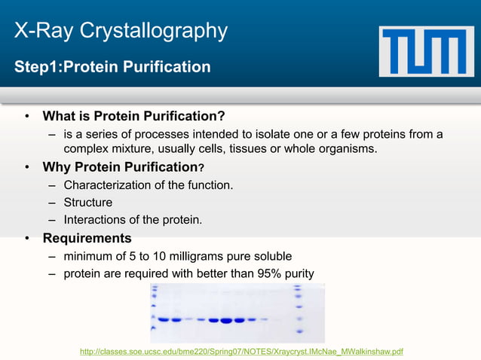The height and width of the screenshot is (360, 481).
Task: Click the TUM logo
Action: coord(427,51)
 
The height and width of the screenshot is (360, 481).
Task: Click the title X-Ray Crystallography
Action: coord(121,31)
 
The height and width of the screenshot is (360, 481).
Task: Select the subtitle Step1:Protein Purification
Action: coord(112,67)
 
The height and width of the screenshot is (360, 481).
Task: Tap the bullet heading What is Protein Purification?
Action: coord(133,116)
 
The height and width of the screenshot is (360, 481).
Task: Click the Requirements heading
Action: coord(87,239)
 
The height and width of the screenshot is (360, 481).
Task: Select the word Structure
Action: coord(88,203)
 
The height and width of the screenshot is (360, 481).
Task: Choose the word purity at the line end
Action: coord(296,273)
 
